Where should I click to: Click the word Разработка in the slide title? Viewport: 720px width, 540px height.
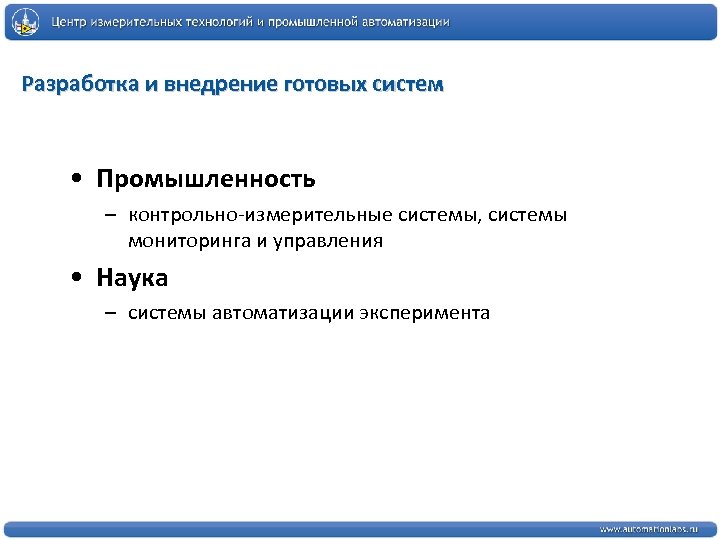pos(80,84)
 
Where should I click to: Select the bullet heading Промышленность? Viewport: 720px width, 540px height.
pos(206,179)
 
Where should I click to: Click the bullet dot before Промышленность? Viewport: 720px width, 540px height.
pos(77,180)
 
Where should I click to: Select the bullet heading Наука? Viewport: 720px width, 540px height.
pos(132,277)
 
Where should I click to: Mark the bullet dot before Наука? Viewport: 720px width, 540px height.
pos(77,278)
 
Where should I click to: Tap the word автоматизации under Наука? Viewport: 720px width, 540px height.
pos(291,314)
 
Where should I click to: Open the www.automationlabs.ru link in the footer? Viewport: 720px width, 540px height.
pos(649,528)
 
